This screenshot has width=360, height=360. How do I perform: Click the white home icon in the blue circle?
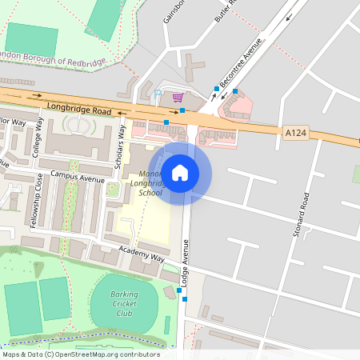pos(180,172)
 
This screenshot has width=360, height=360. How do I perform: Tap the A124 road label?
pos(294,131)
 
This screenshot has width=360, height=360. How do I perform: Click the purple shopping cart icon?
pos(178,97)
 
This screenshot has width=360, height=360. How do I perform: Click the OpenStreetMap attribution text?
pos(81,354)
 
